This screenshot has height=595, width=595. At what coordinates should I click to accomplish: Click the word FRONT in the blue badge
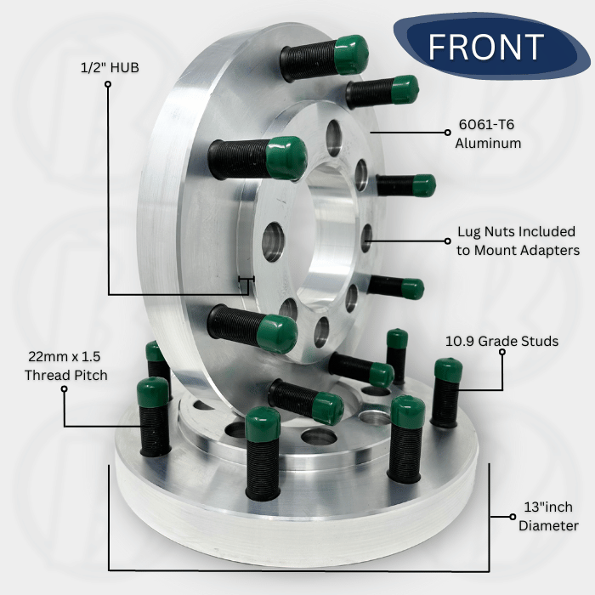point(486,46)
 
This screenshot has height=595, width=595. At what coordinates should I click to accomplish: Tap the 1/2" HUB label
point(110,67)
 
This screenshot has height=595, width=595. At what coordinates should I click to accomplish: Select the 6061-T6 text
point(486,124)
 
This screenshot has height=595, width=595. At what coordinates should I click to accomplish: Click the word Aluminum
point(488,143)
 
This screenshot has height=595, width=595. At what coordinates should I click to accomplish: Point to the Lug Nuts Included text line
point(516,231)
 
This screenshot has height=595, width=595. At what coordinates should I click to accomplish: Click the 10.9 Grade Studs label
point(501,341)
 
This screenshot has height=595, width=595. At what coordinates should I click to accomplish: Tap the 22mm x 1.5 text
point(64,356)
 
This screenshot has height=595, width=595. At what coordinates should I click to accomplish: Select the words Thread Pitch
point(66,375)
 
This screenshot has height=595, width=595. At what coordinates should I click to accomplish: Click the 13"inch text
point(548,507)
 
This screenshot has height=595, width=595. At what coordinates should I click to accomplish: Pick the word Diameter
point(548,525)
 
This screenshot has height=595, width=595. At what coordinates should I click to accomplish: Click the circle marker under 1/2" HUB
point(108,84)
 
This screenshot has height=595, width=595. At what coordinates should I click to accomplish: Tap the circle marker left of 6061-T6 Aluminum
point(448,133)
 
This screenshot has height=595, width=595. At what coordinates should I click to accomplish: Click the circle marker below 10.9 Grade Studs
point(502,352)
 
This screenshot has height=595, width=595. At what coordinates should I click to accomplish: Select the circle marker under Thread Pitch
point(64,389)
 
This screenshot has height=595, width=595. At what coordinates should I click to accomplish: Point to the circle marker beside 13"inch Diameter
point(513,517)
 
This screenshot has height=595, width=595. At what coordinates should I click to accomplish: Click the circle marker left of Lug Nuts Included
point(448,241)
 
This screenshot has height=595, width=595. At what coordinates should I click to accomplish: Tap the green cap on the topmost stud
point(351,54)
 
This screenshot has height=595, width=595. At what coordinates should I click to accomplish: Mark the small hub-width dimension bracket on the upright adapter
point(246,280)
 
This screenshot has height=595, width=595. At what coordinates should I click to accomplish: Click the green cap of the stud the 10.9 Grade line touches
point(448,369)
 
